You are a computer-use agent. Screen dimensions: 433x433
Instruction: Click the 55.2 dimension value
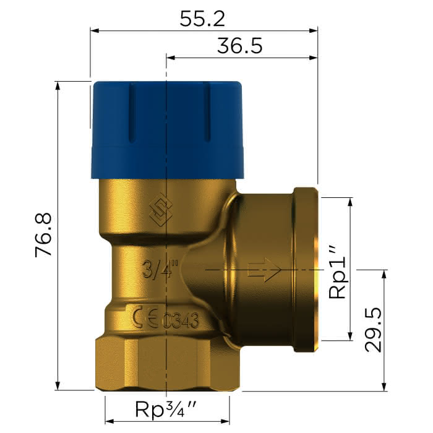[x=202, y=19]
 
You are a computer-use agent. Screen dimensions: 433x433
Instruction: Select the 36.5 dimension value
[x=239, y=46]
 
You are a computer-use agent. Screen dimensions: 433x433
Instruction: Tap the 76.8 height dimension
[x=44, y=234]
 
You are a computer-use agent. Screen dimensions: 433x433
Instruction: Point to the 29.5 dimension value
[x=373, y=330]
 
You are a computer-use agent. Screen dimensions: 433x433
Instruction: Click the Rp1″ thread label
[x=337, y=273]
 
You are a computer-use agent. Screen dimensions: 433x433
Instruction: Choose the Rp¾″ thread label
[x=166, y=409]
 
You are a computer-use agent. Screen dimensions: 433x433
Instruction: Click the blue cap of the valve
[x=168, y=130]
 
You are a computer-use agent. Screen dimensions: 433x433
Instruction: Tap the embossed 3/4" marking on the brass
[x=160, y=268]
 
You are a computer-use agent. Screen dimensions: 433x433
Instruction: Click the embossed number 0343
[x=180, y=320]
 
